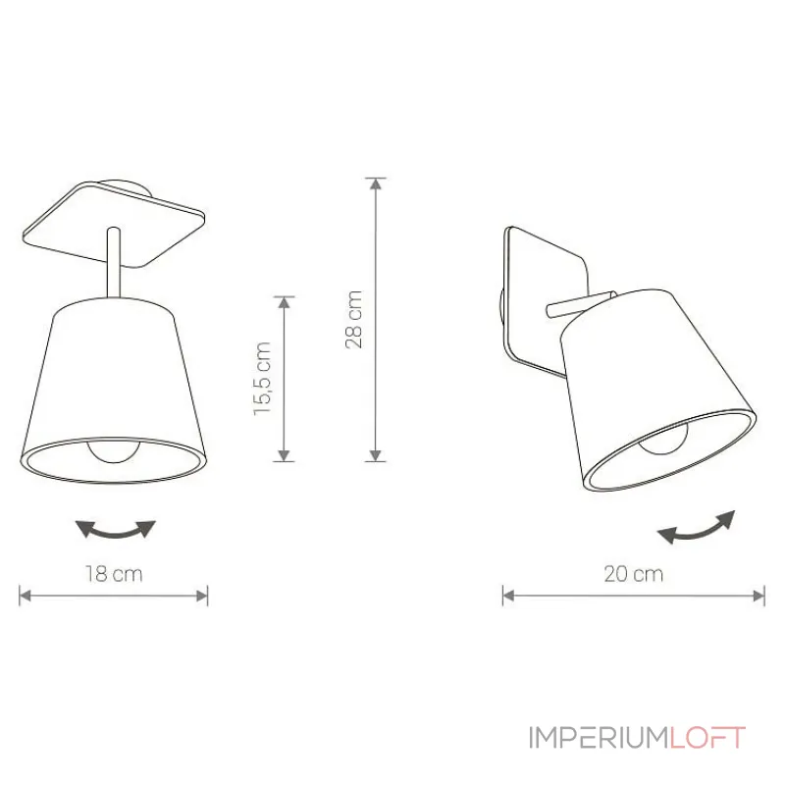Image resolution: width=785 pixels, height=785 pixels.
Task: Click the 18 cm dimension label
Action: [x=115, y=575]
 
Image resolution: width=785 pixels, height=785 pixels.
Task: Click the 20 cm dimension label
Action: [x=633, y=575]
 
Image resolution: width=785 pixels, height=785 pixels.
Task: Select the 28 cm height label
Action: [x=354, y=319]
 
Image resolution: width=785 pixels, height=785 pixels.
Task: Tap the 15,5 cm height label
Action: [x=262, y=379]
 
